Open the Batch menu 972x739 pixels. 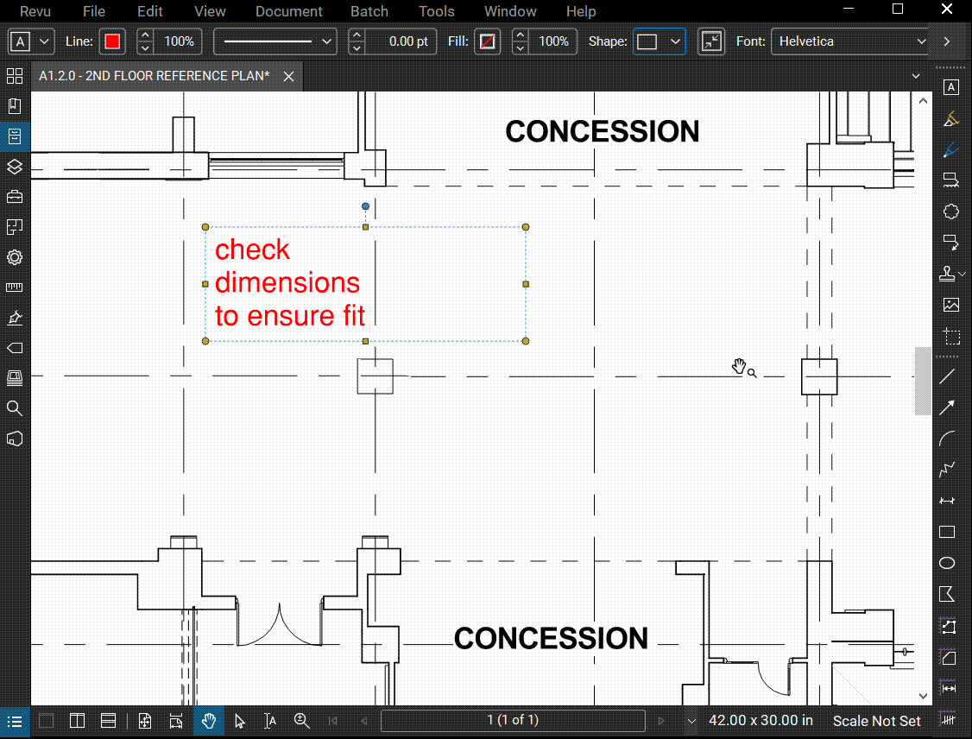pyautogui.click(x=369, y=11)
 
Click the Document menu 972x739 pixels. pyautogui.click(x=289, y=11)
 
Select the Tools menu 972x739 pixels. pyautogui.click(x=437, y=11)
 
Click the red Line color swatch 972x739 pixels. pyautogui.click(x=112, y=41)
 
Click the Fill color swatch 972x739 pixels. pyautogui.click(x=488, y=41)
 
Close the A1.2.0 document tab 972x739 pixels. pyautogui.click(x=289, y=77)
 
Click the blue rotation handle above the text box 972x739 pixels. pyautogui.click(x=366, y=206)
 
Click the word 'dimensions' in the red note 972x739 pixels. pyautogui.click(x=287, y=283)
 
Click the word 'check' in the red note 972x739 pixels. pyautogui.click(x=252, y=249)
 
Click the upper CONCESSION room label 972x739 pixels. pyautogui.click(x=603, y=132)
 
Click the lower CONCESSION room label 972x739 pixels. pyautogui.click(x=551, y=639)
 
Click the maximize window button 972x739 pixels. pyautogui.click(x=898, y=10)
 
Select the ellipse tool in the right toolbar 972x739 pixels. pyautogui.click(x=947, y=563)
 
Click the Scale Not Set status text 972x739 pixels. pyautogui.click(x=876, y=721)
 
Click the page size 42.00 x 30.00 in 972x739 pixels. pyautogui.click(x=761, y=721)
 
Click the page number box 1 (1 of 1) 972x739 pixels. pyautogui.click(x=513, y=720)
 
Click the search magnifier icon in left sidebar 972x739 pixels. pyautogui.click(x=14, y=408)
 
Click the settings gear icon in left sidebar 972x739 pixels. pyautogui.click(x=14, y=257)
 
